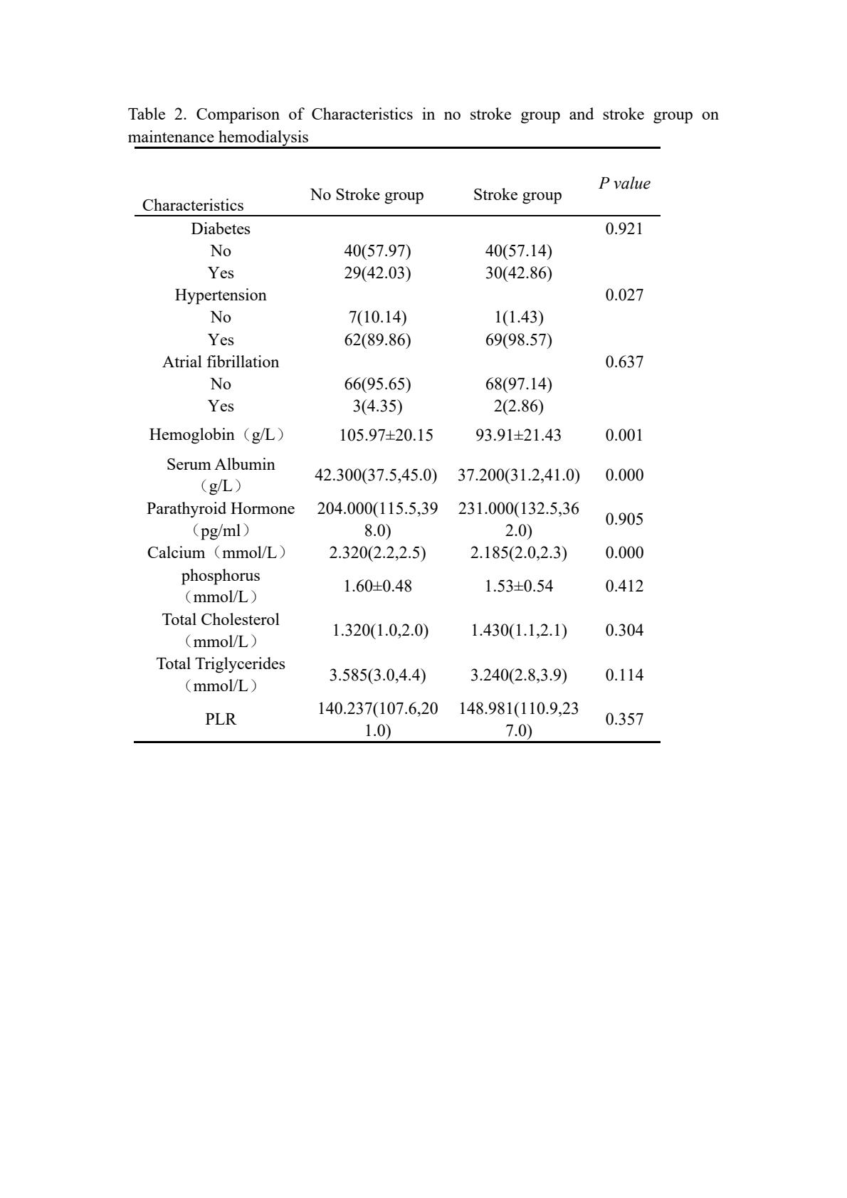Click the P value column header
(x=624, y=184)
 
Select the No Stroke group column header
(x=367, y=195)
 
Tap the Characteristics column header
(x=193, y=206)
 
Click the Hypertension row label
(x=221, y=295)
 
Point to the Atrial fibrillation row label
(x=221, y=362)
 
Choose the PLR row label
(x=221, y=720)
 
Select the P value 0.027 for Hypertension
(x=624, y=295)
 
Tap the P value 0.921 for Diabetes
(x=624, y=229)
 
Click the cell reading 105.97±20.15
(x=386, y=436)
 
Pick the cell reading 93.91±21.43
(x=518, y=436)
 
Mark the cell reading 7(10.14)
(x=377, y=317)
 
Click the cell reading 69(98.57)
(x=518, y=340)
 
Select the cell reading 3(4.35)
(x=377, y=406)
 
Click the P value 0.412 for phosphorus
(x=624, y=587)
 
